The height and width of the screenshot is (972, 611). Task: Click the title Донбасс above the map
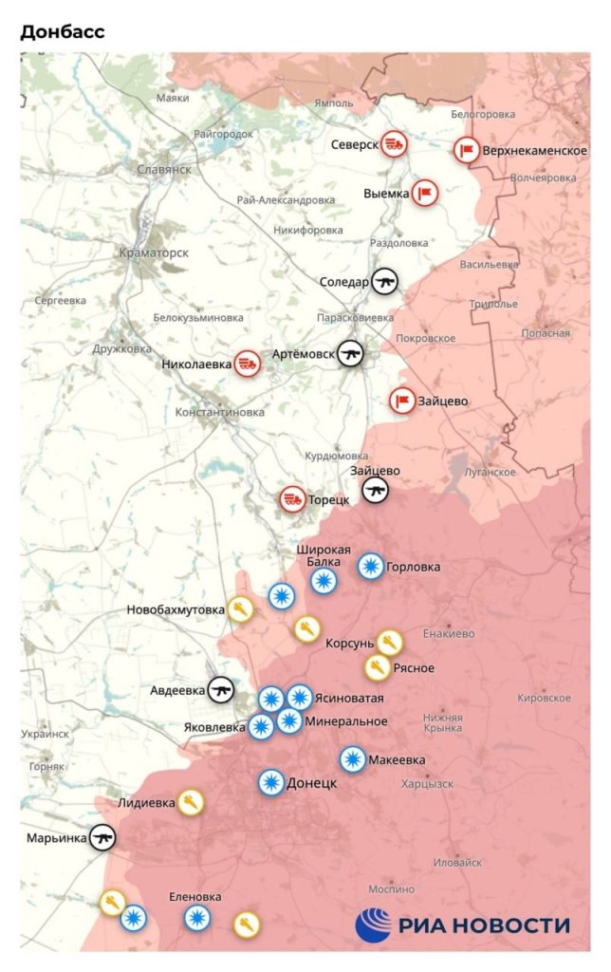62,31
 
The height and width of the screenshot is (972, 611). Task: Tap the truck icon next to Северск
395,144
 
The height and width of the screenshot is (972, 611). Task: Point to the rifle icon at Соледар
384,281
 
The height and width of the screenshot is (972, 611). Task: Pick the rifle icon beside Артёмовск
351,354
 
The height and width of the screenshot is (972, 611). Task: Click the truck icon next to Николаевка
248,362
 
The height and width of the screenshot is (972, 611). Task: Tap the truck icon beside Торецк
292,498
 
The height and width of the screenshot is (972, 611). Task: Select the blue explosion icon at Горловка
371,567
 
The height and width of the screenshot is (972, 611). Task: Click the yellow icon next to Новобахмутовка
241,608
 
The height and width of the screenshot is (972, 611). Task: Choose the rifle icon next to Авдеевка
221,689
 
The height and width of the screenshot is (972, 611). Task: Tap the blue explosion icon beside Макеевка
352,759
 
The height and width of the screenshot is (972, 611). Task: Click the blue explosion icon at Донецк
271,783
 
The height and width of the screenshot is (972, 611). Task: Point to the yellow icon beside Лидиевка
191,803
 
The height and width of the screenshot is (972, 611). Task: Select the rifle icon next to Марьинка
102,837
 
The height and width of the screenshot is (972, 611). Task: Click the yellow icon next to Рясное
377,667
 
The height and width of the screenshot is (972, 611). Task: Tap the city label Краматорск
156,253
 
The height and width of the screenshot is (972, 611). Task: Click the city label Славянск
164,169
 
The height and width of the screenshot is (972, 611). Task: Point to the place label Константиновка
220,412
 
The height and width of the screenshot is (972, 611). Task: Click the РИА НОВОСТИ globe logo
373,924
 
